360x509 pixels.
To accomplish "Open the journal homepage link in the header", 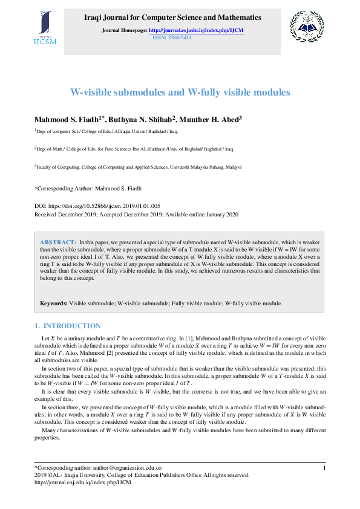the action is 195,30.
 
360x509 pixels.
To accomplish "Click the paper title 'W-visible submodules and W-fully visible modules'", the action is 180,92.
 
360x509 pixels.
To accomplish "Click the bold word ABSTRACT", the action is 58,241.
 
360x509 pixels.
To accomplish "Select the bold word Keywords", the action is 53,303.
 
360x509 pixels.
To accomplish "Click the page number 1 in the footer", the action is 325,467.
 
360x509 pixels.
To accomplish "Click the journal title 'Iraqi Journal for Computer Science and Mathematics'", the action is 172,18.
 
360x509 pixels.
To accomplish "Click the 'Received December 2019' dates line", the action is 136,214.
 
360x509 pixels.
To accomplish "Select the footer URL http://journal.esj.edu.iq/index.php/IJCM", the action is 82,482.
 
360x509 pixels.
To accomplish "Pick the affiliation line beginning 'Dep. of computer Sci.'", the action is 107,131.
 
